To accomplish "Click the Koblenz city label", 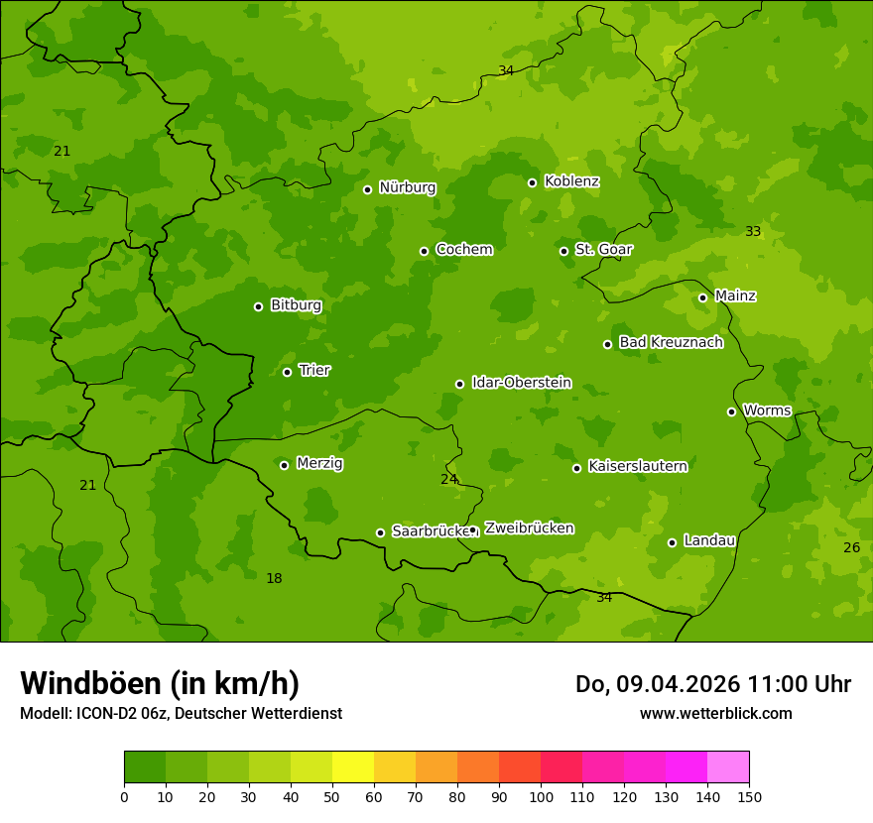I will pyautogui.click(x=571, y=181).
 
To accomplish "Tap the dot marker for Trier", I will pyautogui.click(x=288, y=372).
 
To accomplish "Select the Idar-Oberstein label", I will pyautogui.click(x=521, y=383).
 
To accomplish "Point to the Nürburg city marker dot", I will pyautogui.click(x=367, y=189).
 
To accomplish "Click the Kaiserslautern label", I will pyautogui.click(x=637, y=466).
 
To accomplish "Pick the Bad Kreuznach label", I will pyautogui.click(x=671, y=343).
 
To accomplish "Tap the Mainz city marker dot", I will pyautogui.click(x=702, y=297).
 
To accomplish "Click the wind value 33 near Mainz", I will pyautogui.click(x=753, y=231).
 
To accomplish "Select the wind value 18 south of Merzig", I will pyautogui.click(x=274, y=578).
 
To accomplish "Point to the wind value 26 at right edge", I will pyautogui.click(x=851, y=547).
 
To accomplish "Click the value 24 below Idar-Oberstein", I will pyautogui.click(x=448, y=479).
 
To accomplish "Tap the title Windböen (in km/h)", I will pyautogui.click(x=160, y=683).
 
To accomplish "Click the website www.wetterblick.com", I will pyautogui.click(x=715, y=713).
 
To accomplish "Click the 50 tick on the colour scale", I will pyautogui.click(x=332, y=796).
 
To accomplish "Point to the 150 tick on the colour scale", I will pyautogui.click(x=749, y=796).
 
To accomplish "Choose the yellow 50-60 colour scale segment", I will pyautogui.click(x=353, y=767).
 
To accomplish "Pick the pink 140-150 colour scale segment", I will pyautogui.click(x=728, y=767).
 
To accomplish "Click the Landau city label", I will pyautogui.click(x=709, y=540).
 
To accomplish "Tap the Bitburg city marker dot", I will pyautogui.click(x=258, y=306).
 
